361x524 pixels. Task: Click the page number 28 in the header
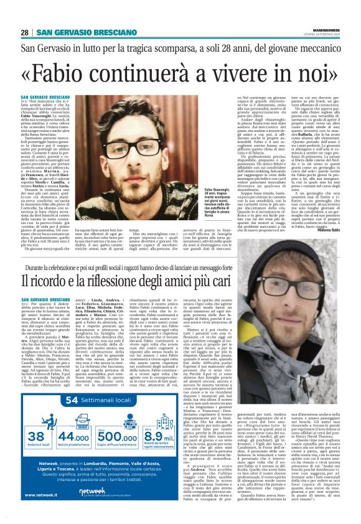24,15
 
